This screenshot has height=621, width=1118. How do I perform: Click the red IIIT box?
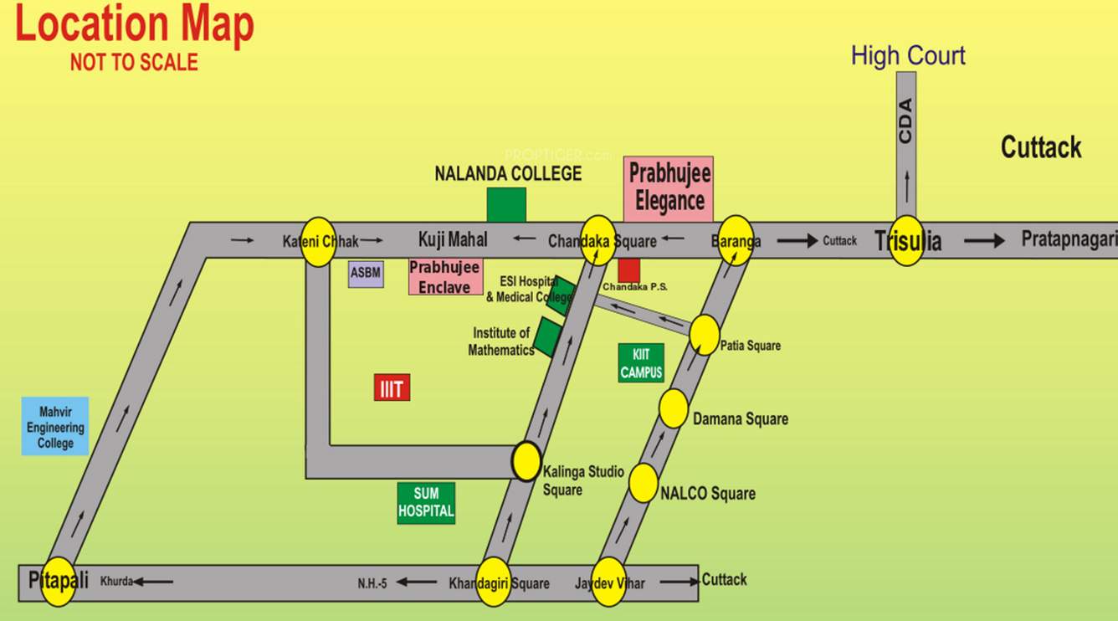click(392, 388)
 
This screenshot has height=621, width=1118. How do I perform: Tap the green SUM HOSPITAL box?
click(426, 503)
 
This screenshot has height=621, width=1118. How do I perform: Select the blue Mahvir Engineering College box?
click(55, 427)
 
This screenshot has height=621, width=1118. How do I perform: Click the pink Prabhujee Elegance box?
click(669, 189)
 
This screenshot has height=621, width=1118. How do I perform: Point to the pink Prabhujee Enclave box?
click(445, 276)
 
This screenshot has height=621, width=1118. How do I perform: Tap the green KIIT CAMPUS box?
click(641, 363)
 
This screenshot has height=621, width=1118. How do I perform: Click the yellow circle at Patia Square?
click(705, 334)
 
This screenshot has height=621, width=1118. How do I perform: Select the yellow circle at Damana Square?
click(674, 408)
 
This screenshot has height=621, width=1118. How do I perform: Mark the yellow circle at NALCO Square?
click(644, 483)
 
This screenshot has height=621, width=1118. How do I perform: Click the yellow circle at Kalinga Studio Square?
click(526, 460)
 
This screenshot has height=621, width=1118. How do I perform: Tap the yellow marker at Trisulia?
click(906, 241)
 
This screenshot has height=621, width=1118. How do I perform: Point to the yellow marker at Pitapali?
click(59, 580)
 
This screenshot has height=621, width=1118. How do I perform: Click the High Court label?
click(908, 56)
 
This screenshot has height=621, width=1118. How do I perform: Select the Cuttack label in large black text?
click(1041, 148)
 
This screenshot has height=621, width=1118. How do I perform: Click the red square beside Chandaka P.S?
click(628, 269)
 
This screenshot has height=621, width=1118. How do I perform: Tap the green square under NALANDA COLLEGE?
click(506, 204)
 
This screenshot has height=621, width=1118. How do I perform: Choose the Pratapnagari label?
click(1069, 239)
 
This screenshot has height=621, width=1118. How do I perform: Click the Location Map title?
click(135, 25)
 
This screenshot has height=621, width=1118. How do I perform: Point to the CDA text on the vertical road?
click(905, 122)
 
